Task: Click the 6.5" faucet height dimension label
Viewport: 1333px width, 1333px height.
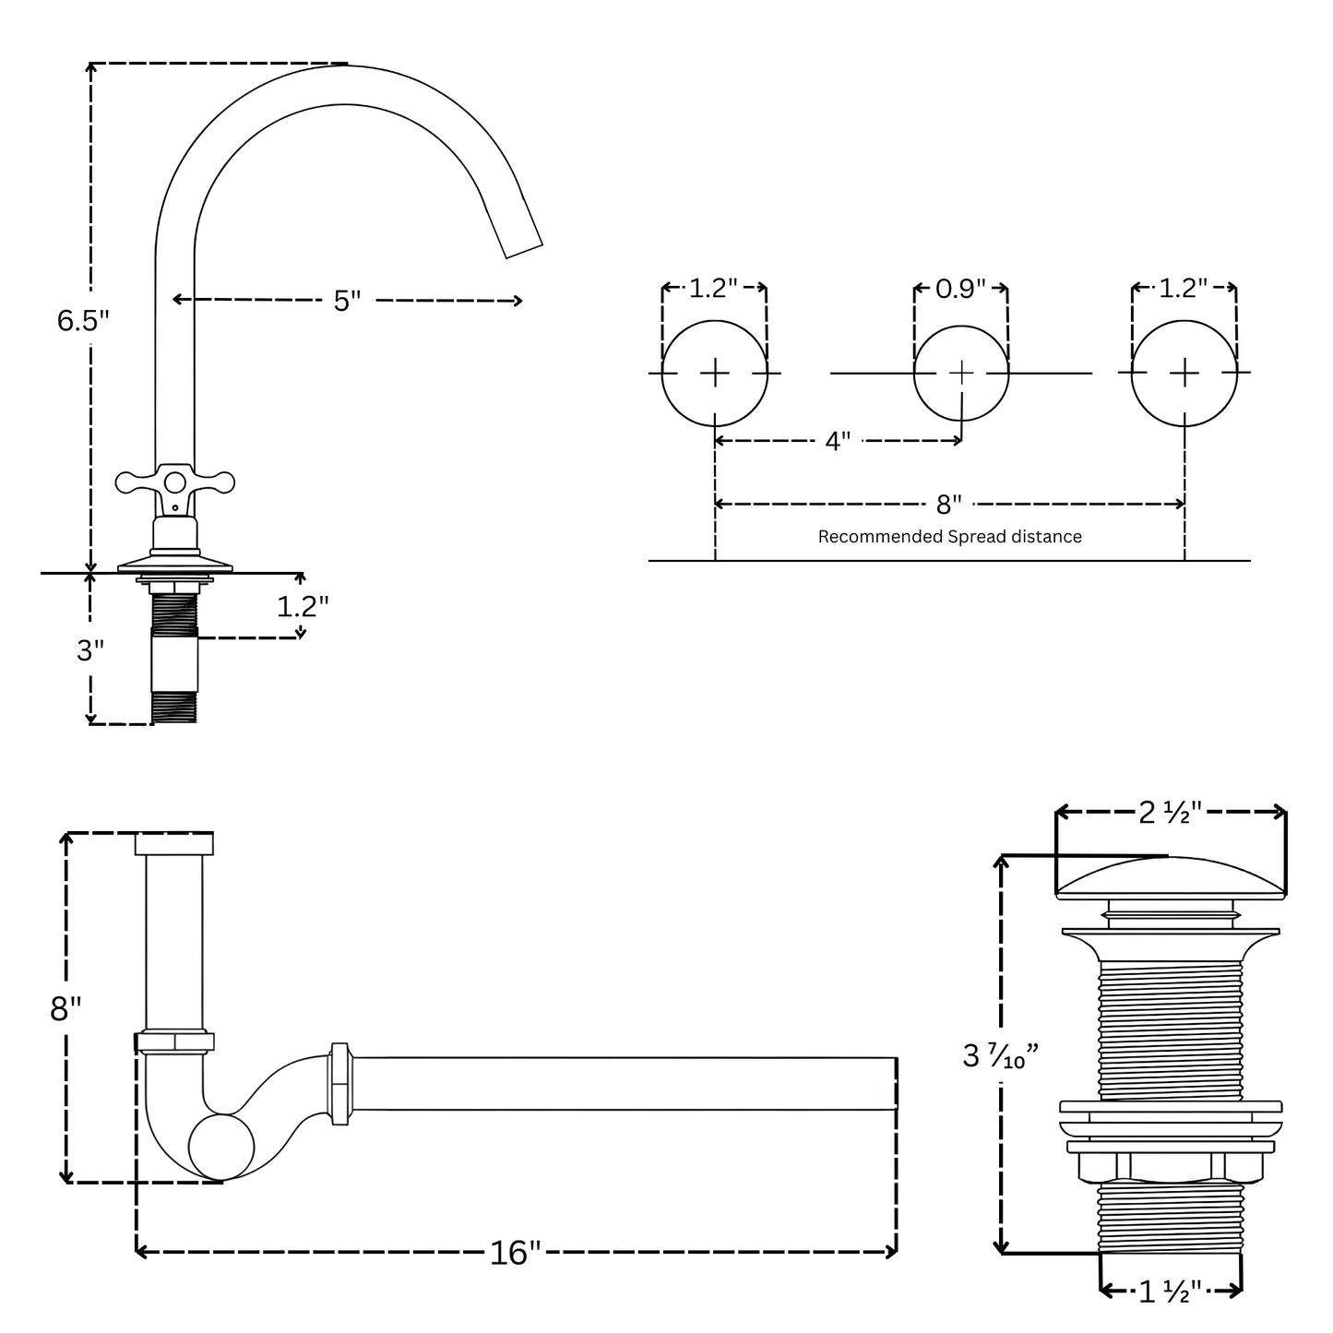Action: tap(83, 320)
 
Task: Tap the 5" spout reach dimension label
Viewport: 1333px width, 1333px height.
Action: tap(347, 301)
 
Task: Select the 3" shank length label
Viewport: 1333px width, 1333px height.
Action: tap(90, 650)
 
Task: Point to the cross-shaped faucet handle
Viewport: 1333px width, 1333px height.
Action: tap(174, 482)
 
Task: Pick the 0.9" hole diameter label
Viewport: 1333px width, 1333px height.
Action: tap(960, 289)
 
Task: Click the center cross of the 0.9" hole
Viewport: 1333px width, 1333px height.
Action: tap(961, 373)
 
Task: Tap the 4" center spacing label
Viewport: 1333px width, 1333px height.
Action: tap(838, 441)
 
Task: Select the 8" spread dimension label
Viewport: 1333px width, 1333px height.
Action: tap(949, 504)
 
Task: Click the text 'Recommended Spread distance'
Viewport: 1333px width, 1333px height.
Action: tap(949, 537)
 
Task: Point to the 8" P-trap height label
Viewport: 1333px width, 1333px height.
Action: tap(65, 1008)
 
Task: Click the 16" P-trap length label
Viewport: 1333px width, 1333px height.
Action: tap(515, 1252)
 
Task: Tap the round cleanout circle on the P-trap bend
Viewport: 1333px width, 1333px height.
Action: tap(221, 1147)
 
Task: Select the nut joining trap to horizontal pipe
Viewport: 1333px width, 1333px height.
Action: tap(339, 1083)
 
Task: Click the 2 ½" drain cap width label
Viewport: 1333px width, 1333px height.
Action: tap(1169, 812)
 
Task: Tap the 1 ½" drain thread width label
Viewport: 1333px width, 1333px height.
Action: tap(1170, 1291)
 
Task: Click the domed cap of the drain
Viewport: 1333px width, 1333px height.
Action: tap(1170, 876)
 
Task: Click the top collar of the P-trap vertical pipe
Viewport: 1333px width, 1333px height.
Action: tap(174, 843)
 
